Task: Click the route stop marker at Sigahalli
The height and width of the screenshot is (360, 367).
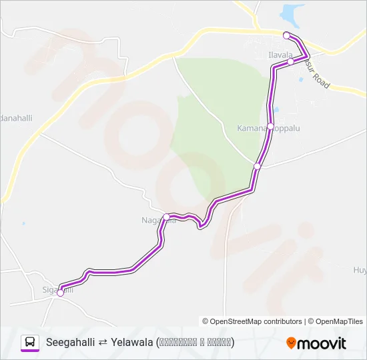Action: [61, 292]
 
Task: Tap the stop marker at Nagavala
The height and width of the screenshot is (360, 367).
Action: [166, 216]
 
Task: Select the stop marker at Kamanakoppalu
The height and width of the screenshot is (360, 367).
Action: [270, 127]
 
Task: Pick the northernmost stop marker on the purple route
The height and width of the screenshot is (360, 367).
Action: [286, 35]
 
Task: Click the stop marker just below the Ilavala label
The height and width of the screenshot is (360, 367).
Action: [291, 61]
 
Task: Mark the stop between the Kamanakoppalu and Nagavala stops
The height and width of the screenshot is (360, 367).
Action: [258, 166]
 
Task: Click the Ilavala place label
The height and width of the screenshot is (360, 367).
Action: [280, 55]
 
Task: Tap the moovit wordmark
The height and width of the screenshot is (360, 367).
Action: [322, 343]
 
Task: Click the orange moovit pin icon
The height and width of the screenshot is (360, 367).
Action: [291, 343]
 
